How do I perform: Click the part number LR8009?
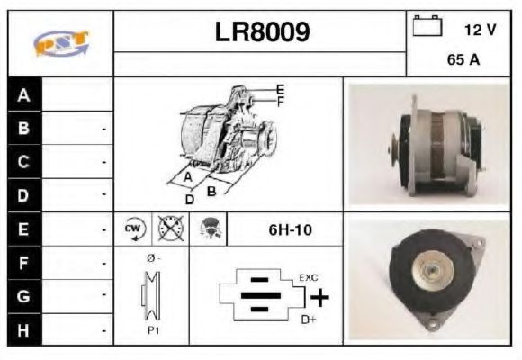(261, 32)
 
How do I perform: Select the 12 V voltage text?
(479, 30)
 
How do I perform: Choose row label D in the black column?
(23, 193)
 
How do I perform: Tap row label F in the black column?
(23, 264)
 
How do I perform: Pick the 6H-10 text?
(290, 229)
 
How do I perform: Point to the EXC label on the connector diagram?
(308, 277)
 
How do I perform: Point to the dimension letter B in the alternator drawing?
(211, 190)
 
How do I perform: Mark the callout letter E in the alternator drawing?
(281, 88)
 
